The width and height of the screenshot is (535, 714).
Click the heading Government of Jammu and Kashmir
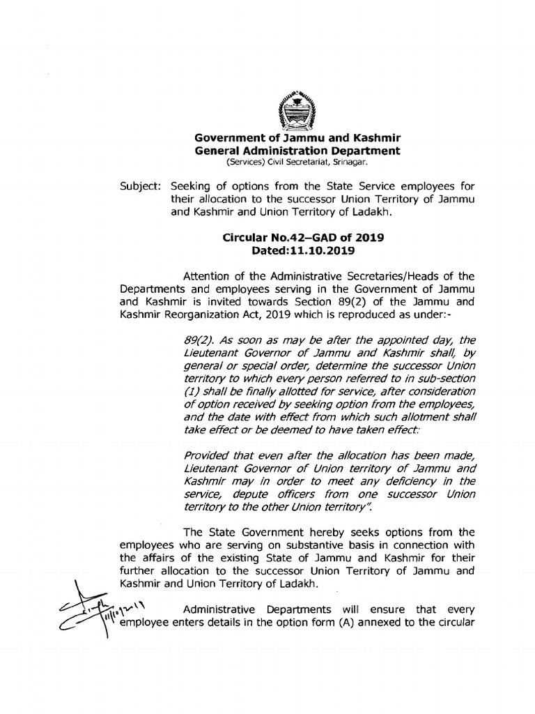297,138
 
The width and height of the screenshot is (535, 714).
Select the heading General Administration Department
297,151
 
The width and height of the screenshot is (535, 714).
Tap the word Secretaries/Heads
356,275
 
